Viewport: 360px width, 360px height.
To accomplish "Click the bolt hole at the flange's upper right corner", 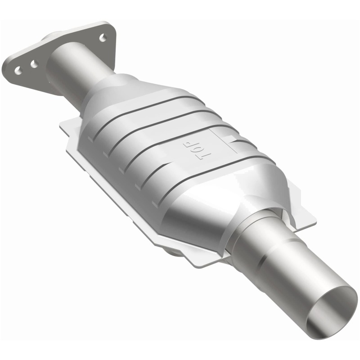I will [x=103, y=38].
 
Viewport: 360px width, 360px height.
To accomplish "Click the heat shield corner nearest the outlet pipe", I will [x=310, y=220].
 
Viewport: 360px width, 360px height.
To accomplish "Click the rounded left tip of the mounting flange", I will [x=8, y=65].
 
